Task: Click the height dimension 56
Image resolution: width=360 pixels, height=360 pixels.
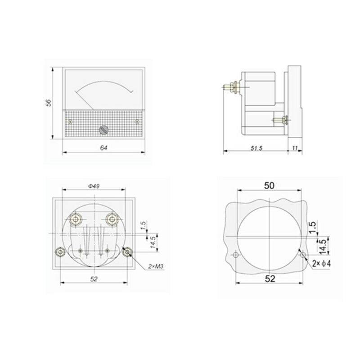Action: pos(49,103)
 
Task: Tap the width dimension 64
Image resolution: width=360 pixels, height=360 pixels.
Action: pos(104,148)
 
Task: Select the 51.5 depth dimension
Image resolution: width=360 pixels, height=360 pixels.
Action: pos(256,148)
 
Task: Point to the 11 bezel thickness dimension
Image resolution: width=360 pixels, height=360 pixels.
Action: pos(295,148)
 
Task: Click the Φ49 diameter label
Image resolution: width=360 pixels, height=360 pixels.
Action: pos(94,186)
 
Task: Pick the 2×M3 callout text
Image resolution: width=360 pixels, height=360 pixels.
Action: pos(155,266)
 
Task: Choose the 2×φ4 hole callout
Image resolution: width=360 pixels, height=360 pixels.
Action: pos(322,263)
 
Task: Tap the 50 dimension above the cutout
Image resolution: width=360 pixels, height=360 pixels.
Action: pos(269,185)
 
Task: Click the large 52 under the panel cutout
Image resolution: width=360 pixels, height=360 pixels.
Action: pos(270,279)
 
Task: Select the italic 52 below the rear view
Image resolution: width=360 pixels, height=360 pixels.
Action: pos(94,279)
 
